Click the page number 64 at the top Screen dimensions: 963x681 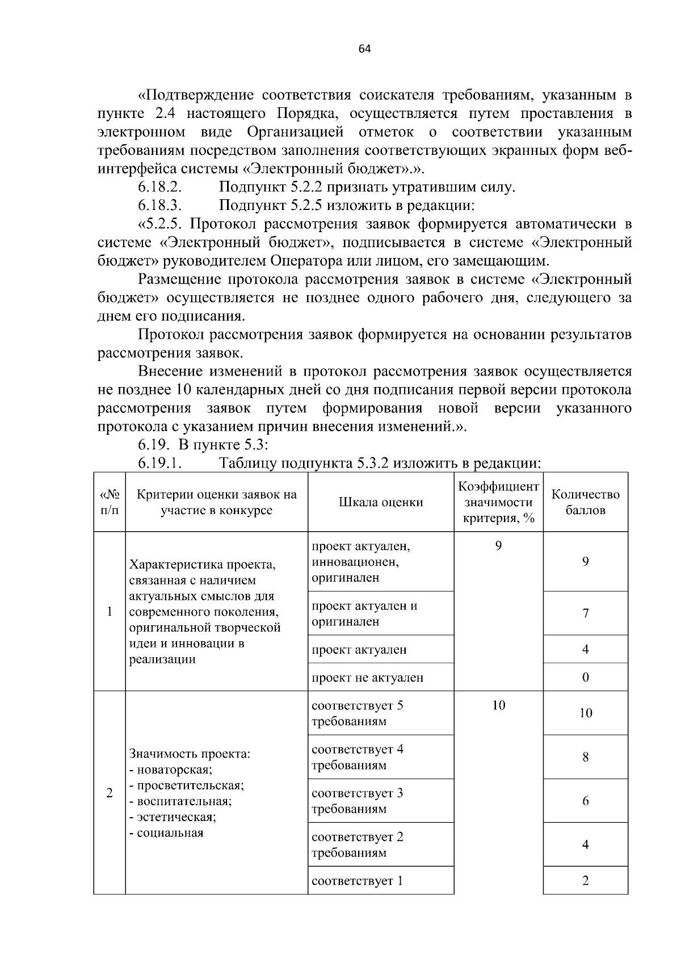[364, 49]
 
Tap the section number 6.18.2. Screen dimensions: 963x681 [159, 187]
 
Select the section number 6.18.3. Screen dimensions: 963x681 [159, 205]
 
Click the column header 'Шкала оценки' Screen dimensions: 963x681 [381, 502]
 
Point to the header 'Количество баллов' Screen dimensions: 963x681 [585, 502]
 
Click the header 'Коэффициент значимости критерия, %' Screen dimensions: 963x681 [498, 502]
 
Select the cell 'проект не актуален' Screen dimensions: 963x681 [368, 678]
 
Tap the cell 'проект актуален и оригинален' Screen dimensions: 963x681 [364, 613]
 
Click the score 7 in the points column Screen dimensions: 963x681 [586, 613]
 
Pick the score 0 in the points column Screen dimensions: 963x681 [586, 678]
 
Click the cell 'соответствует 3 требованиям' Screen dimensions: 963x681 [358, 801]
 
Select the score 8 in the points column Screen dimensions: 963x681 [586, 757]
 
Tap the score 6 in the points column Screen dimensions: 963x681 [586, 801]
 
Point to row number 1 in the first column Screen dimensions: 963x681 [110, 612]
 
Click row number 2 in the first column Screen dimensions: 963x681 [110, 793]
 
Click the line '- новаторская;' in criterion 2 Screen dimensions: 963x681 [171, 770]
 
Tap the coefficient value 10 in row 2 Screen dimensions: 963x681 [498, 705]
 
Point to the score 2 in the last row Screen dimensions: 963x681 [586, 881]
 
